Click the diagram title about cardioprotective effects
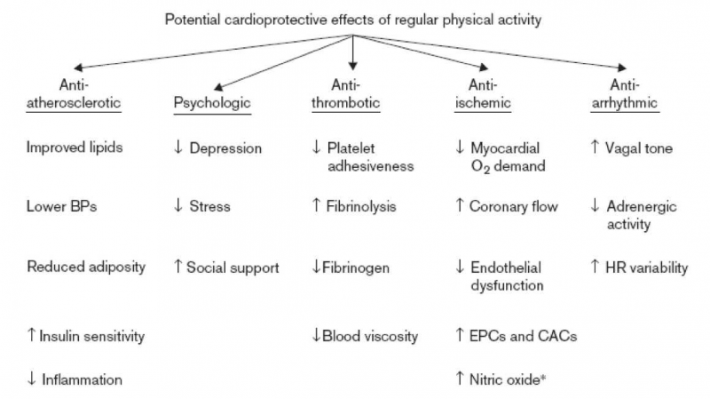(353, 19)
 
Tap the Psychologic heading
(212, 103)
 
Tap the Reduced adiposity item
(86, 267)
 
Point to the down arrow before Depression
(178, 148)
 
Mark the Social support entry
(233, 267)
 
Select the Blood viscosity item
(370, 336)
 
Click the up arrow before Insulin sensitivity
(32, 336)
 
